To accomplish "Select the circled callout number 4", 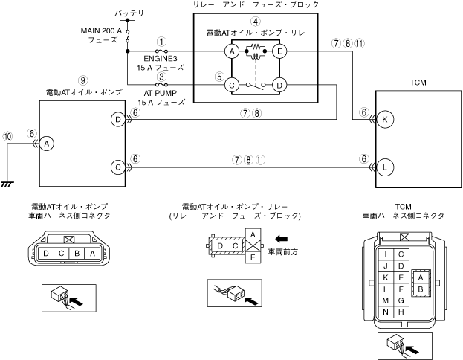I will [x=255, y=21].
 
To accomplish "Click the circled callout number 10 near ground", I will [x=8, y=137].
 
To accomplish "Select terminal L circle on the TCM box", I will [x=385, y=167].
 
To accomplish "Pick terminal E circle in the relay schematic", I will [x=279, y=51].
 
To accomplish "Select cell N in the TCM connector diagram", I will [x=386, y=311].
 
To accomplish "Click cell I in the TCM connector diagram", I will [x=386, y=254].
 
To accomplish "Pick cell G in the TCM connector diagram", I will [x=401, y=300].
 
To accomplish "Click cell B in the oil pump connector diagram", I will [x=77, y=254].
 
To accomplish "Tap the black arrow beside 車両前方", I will [x=280, y=240].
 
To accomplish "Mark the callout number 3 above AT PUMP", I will [x=161, y=77].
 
